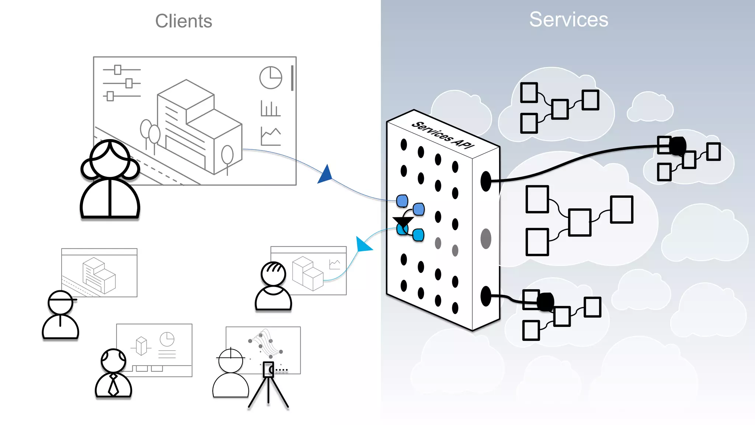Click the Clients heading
(x=184, y=21)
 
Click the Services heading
(x=568, y=19)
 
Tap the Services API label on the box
(x=443, y=135)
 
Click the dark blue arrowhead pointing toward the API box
(x=326, y=175)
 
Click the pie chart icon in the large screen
(x=271, y=77)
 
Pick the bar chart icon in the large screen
(x=270, y=108)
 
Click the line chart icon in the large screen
(x=271, y=136)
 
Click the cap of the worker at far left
(x=61, y=297)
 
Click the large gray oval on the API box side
(x=486, y=239)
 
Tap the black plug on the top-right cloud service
(x=678, y=146)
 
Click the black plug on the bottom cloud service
(x=545, y=302)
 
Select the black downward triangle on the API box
(x=403, y=222)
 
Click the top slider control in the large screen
(x=118, y=69)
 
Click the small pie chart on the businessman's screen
(x=167, y=339)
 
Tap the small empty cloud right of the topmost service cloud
(x=650, y=107)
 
